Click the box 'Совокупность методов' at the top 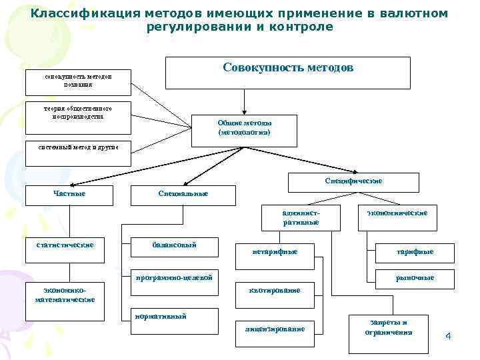287,73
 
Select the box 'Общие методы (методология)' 244,128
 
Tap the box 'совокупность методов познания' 78,81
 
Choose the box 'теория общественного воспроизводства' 78,111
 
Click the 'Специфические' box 353,182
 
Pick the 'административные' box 301,217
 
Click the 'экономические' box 397,217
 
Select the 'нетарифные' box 275,252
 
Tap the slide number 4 448,335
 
